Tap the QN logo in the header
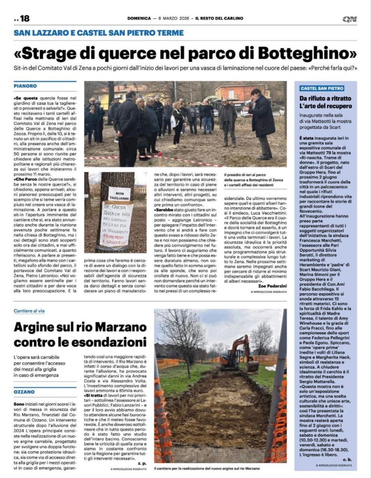coord(349,19)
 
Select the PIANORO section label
coord(25,86)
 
